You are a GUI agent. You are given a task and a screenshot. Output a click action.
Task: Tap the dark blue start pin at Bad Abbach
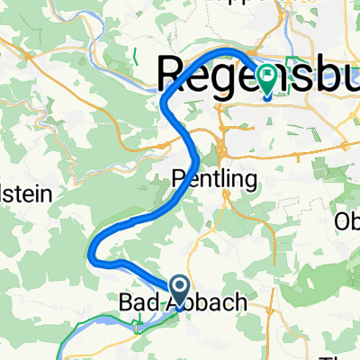[x=178, y=288]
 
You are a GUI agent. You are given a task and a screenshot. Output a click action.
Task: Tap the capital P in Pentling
[x=177, y=179]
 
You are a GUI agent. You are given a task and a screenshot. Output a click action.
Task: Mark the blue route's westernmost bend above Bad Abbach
[x=94, y=253]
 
